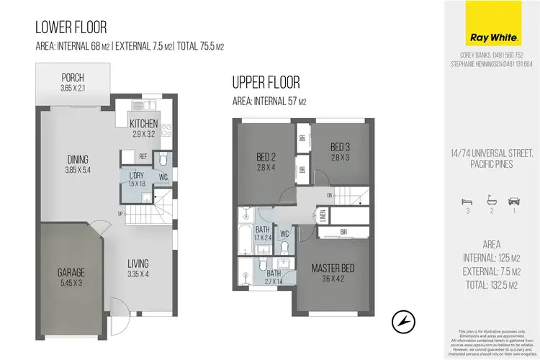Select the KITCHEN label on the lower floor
[x=143, y=124]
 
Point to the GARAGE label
[x=71, y=273]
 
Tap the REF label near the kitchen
[x=143, y=156]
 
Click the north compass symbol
[x=404, y=318]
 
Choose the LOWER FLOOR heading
[x=71, y=28]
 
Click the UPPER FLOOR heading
[x=266, y=82]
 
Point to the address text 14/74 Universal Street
[x=490, y=153]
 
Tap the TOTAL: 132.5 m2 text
[x=490, y=284]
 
